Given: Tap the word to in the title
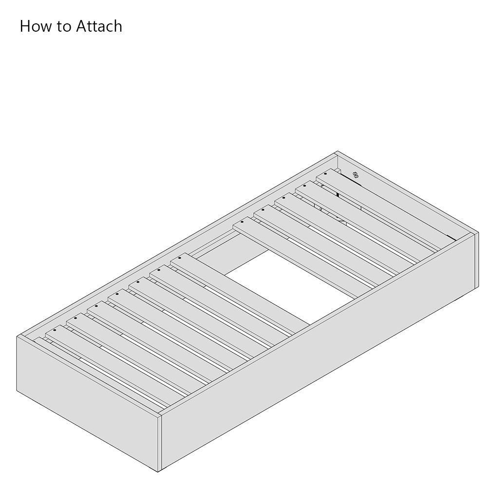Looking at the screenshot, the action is (x=64, y=26).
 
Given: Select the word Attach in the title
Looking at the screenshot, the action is (x=99, y=26).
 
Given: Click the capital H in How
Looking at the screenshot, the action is (x=24, y=26).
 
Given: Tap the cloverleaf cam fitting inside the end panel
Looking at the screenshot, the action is (x=356, y=175).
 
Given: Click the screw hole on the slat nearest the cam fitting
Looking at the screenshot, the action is (x=325, y=174).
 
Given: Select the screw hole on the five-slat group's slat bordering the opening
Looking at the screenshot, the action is (x=242, y=222).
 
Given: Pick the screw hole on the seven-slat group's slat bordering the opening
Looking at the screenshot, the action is (x=180, y=258).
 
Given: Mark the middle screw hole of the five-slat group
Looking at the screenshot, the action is (x=283, y=198).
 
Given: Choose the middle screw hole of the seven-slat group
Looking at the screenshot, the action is (x=117, y=294).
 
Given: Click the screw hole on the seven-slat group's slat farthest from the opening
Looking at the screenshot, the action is (x=55, y=330).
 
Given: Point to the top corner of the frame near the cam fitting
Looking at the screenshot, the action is (x=337, y=151).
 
